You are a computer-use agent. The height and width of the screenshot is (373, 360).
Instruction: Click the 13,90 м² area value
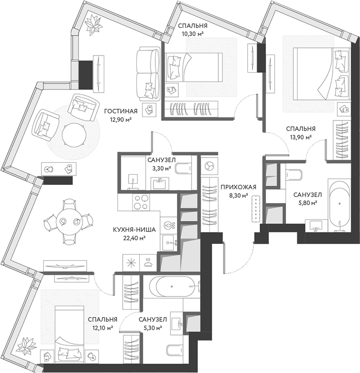(301, 138)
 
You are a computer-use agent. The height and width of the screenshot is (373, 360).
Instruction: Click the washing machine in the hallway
(209, 166)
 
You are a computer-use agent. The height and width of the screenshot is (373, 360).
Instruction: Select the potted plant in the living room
(92, 23)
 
